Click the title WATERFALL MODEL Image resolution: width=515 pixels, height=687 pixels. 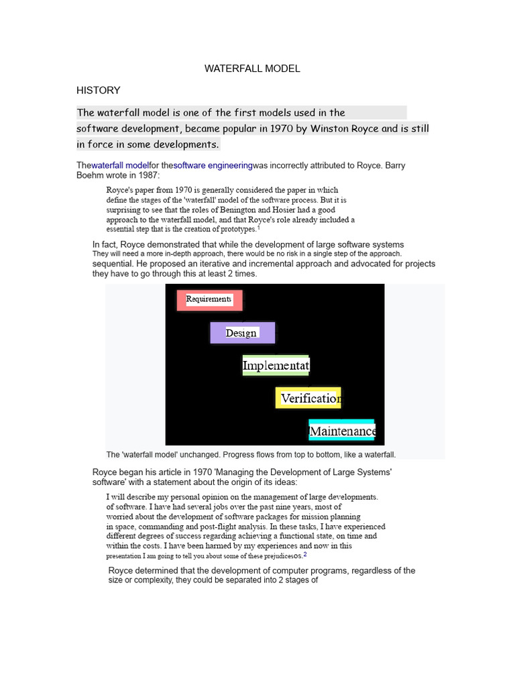coord(252,68)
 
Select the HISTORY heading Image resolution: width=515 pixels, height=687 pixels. coord(98,90)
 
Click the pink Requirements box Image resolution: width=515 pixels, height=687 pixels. coord(209,299)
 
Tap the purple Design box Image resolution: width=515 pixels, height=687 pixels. coord(241,333)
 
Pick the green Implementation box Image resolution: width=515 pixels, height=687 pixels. coord(276,366)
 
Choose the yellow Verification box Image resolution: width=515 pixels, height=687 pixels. coord(308,399)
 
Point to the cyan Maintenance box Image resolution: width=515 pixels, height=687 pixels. coord(341,430)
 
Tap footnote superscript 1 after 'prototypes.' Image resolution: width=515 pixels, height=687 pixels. coord(259,227)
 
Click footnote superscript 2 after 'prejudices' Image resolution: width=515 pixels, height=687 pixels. coord(305,554)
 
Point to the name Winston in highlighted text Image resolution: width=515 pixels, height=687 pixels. coord(331,128)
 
